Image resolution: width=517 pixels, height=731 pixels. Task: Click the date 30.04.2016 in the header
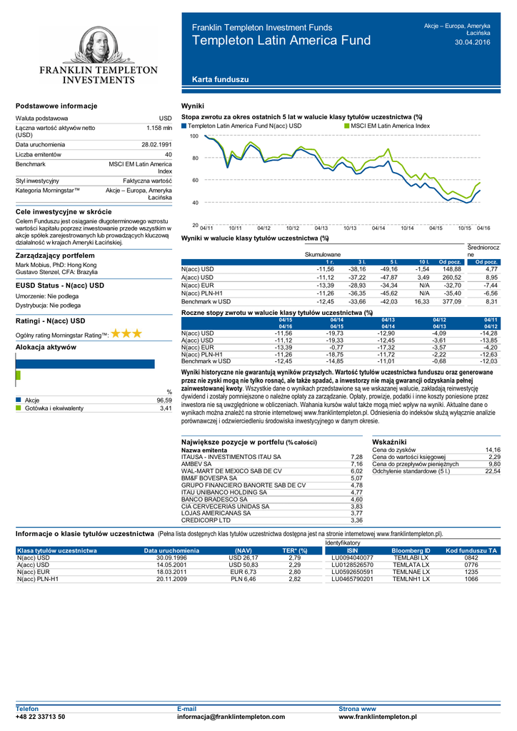coord(473,43)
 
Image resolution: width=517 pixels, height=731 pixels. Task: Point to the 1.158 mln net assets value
coord(159,128)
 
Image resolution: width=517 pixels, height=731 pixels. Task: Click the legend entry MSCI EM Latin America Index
coord(390,126)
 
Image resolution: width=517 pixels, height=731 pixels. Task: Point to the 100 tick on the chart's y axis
coord(194,136)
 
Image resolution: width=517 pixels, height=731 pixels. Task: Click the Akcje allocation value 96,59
coord(164,400)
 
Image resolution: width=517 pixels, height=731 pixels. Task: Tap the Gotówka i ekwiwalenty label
coord(54,408)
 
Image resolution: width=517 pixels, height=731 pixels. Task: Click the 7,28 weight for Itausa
coord(357,457)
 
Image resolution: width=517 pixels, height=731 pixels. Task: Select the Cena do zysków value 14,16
coord(493,450)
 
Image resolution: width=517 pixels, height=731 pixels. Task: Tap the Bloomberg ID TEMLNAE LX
coord(411,572)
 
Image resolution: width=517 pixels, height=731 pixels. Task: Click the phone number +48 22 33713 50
coord(41,716)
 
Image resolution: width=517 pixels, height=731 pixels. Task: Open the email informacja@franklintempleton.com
coord(231,716)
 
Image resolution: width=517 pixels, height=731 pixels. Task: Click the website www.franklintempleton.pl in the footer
coord(378,716)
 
